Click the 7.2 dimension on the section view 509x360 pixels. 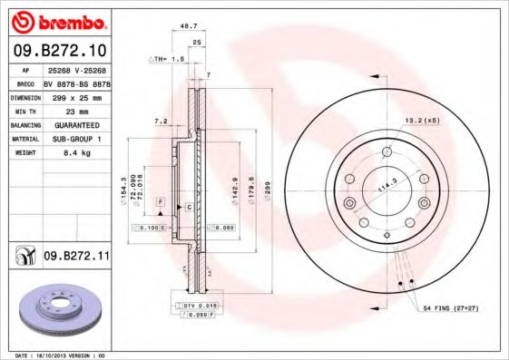click(161, 121)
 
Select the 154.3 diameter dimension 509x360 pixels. click(122, 192)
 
